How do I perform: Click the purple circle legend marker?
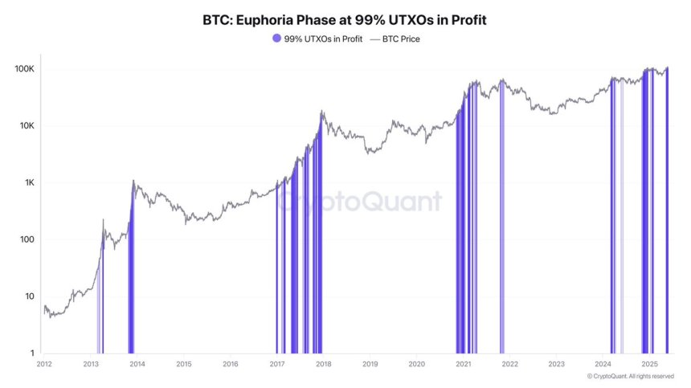click(x=277, y=39)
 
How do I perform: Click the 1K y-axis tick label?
click(x=30, y=183)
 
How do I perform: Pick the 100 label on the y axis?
click(x=29, y=239)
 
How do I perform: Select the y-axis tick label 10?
click(x=31, y=296)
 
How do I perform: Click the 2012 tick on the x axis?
click(x=44, y=364)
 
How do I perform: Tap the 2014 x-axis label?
click(x=137, y=364)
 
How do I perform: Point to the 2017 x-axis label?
click(x=277, y=364)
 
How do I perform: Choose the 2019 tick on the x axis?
click(x=370, y=364)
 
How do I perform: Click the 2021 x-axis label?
click(x=463, y=364)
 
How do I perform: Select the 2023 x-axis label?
click(x=556, y=364)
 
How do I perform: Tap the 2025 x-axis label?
click(x=649, y=364)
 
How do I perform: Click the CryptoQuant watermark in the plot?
click(x=360, y=201)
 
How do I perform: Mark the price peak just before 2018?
click(x=321, y=112)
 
